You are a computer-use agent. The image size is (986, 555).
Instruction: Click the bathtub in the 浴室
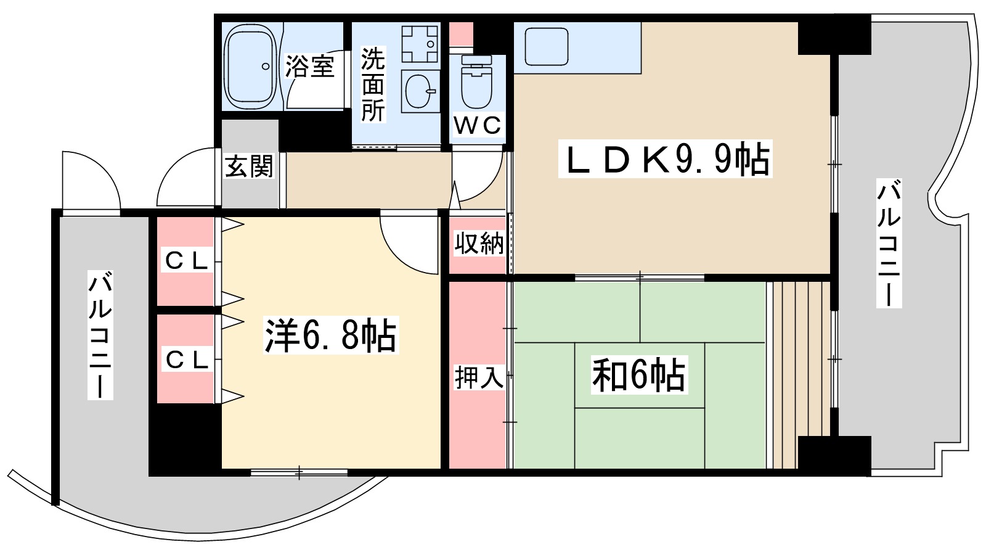[250, 67]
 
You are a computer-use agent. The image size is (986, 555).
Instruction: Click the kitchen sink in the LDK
[546, 47]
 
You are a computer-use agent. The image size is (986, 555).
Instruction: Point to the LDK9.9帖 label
[664, 160]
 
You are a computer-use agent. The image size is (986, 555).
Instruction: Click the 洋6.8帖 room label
[330, 335]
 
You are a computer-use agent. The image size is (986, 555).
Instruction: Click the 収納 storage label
[479, 244]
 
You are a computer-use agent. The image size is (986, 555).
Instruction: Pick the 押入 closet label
[479, 377]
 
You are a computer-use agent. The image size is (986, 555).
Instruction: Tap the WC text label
[477, 126]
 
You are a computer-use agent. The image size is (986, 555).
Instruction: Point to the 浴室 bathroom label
[309, 66]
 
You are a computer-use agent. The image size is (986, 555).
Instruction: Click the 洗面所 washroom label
[373, 84]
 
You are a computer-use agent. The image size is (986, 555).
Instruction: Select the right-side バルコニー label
[889, 244]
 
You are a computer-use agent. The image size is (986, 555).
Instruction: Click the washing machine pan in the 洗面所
[420, 43]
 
